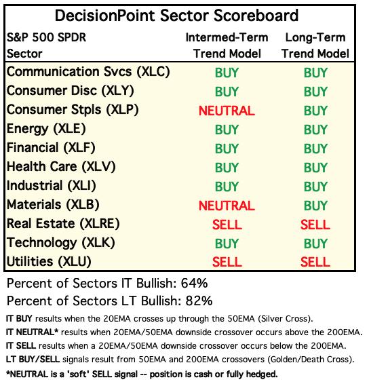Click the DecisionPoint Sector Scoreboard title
pyautogui.click(x=176, y=16)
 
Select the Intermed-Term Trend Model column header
pyautogui.click(x=227, y=45)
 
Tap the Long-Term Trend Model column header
pyautogui.click(x=315, y=45)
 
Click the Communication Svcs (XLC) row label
pyautogui.click(x=88, y=72)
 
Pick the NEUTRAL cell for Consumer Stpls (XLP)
pyautogui.click(x=227, y=111)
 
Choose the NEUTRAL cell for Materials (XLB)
pyautogui.click(x=227, y=206)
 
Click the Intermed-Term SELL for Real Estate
pyautogui.click(x=227, y=225)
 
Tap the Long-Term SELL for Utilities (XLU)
pyautogui.click(x=315, y=263)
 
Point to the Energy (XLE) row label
pyautogui.click(x=46, y=129)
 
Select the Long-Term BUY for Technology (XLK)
pyautogui.click(x=315, y=244)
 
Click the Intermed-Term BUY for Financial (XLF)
pyautogui.click(x=227, y=149)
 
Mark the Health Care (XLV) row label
pyautogui.click(x=61, y=167)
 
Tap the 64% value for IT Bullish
pyautogui.click(x=195, y=284)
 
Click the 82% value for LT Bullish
pyautogui.click(x=199, y=301)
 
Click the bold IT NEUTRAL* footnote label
pyautogui.click(x=32, y=332)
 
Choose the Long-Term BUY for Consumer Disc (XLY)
pyautogui.click(x=315, y=92)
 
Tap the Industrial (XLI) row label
pyautogui.click(x=52, y=186)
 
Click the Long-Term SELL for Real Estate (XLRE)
pyautogui.click(x=315, y=225)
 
